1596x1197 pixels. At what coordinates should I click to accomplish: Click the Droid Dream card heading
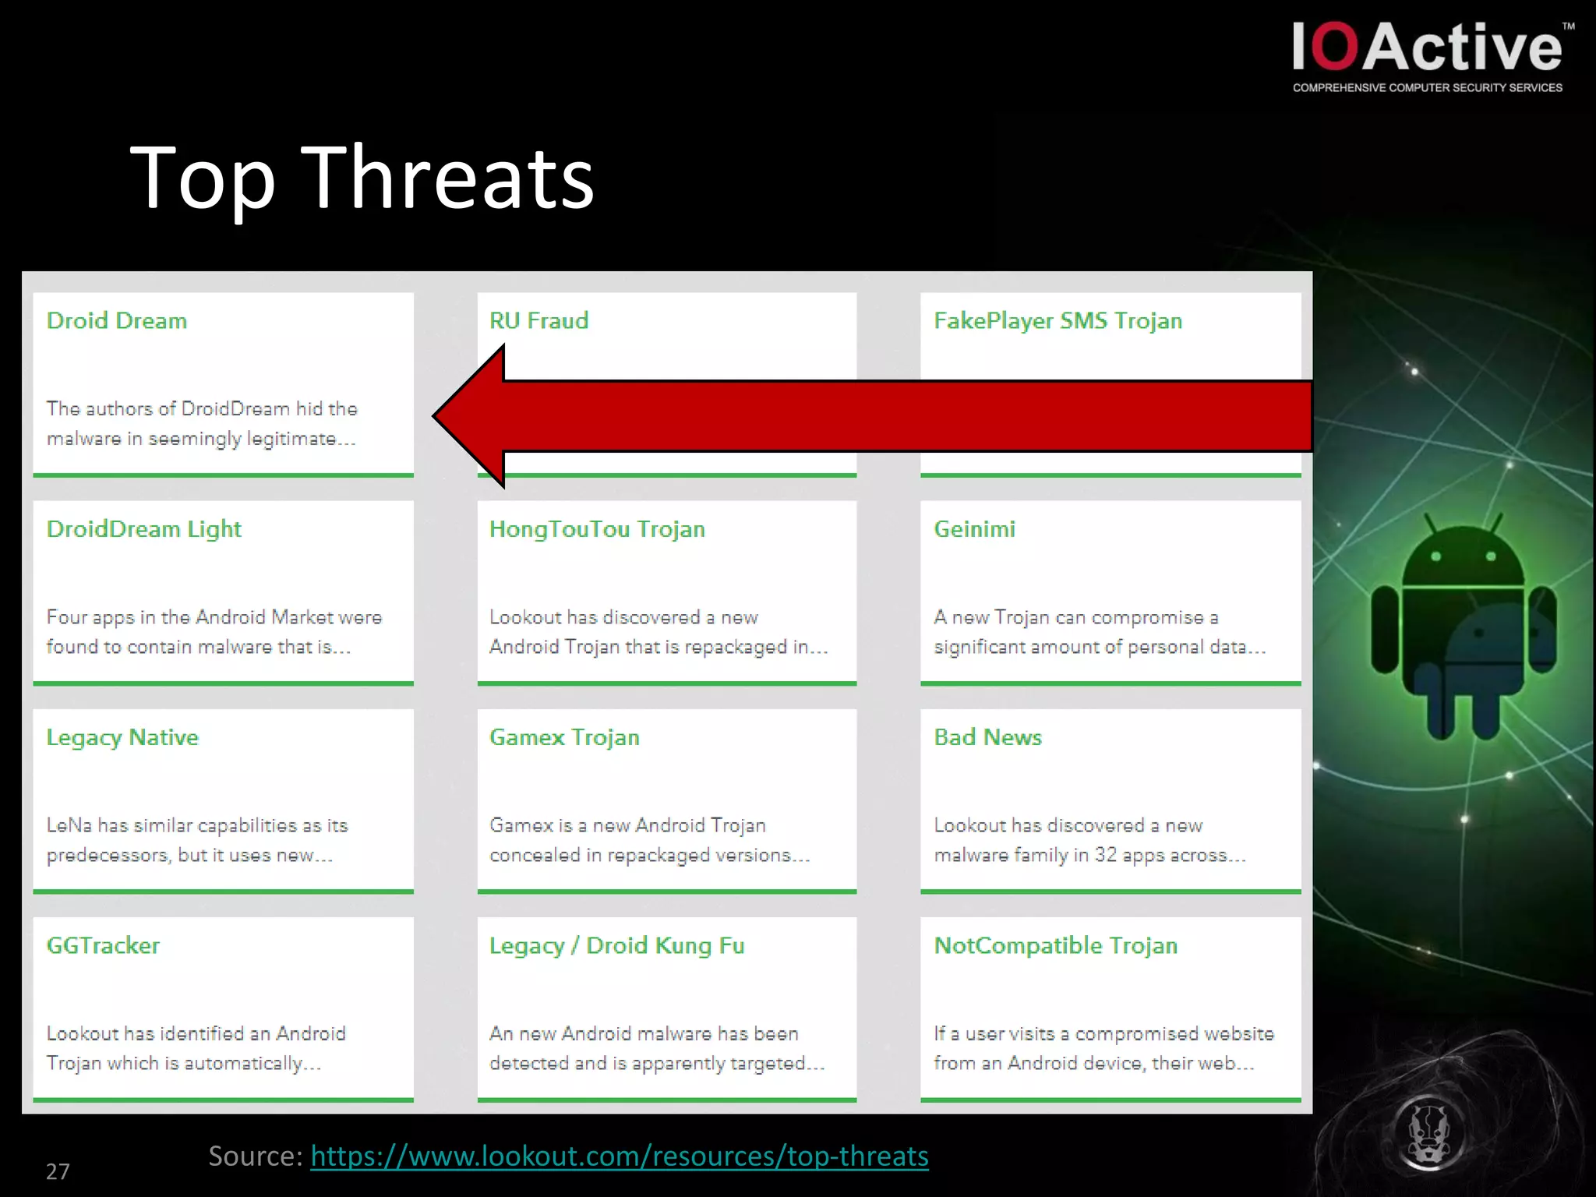point(117,321)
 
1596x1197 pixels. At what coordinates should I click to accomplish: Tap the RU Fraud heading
point(538,321)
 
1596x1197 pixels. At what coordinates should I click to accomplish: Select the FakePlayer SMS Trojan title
point(1058,321)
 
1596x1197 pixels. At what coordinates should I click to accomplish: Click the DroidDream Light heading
point(144,529)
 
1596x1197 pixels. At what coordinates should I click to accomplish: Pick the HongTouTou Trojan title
point(597,529)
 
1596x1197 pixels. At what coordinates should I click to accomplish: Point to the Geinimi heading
point(974,529)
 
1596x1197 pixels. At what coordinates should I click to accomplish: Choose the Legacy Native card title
point(122,737)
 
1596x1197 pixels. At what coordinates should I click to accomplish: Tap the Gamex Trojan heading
point(564,737)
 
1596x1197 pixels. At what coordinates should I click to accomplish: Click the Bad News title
point(987,737)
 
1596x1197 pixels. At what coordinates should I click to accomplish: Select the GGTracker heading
point(103,945)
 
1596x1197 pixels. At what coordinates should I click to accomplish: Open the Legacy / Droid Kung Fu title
point(616,946)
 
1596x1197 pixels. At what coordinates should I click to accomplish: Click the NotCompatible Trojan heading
point(1055,945)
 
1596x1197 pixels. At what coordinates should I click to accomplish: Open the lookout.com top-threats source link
point(620,1156)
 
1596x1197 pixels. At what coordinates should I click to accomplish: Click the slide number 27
point(58,1171)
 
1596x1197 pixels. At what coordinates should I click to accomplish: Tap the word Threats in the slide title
point(448,178)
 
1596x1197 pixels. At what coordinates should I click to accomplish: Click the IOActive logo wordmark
point(1427,48)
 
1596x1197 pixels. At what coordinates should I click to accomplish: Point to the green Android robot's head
point(1463,557)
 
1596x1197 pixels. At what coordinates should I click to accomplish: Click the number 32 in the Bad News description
point(1105,855)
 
